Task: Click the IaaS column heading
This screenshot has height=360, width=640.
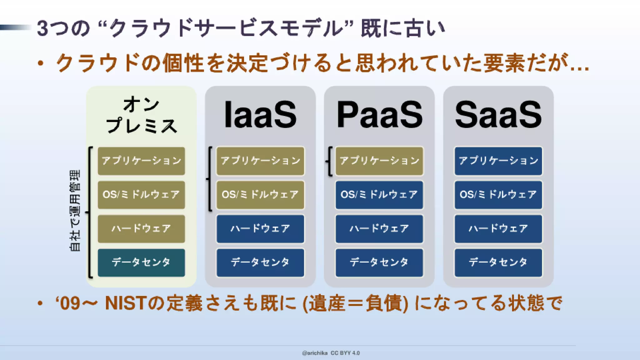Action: pos(260,115)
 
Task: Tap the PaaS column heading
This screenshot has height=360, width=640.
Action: pos(379,115)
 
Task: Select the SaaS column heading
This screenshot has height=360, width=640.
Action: pos(498,115)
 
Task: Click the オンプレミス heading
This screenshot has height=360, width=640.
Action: pos(141,115)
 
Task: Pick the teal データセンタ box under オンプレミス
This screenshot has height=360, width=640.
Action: pos(141,262)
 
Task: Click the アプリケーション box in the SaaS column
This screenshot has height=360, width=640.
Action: pos(498,161)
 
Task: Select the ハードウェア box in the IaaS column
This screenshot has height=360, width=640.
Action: pos(260,229)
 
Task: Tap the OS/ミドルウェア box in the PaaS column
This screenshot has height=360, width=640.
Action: pos(379,195)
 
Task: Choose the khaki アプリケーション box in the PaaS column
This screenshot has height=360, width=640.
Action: pos(379,161)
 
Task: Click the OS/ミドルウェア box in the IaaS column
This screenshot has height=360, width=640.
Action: pos(260,195)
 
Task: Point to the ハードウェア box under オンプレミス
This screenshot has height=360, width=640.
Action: pos(141,229)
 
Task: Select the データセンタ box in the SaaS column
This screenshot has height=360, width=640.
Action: pos(498,262)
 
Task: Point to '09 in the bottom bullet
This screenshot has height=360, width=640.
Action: pos(67,303)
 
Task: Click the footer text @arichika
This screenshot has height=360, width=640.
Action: pos(315,353)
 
